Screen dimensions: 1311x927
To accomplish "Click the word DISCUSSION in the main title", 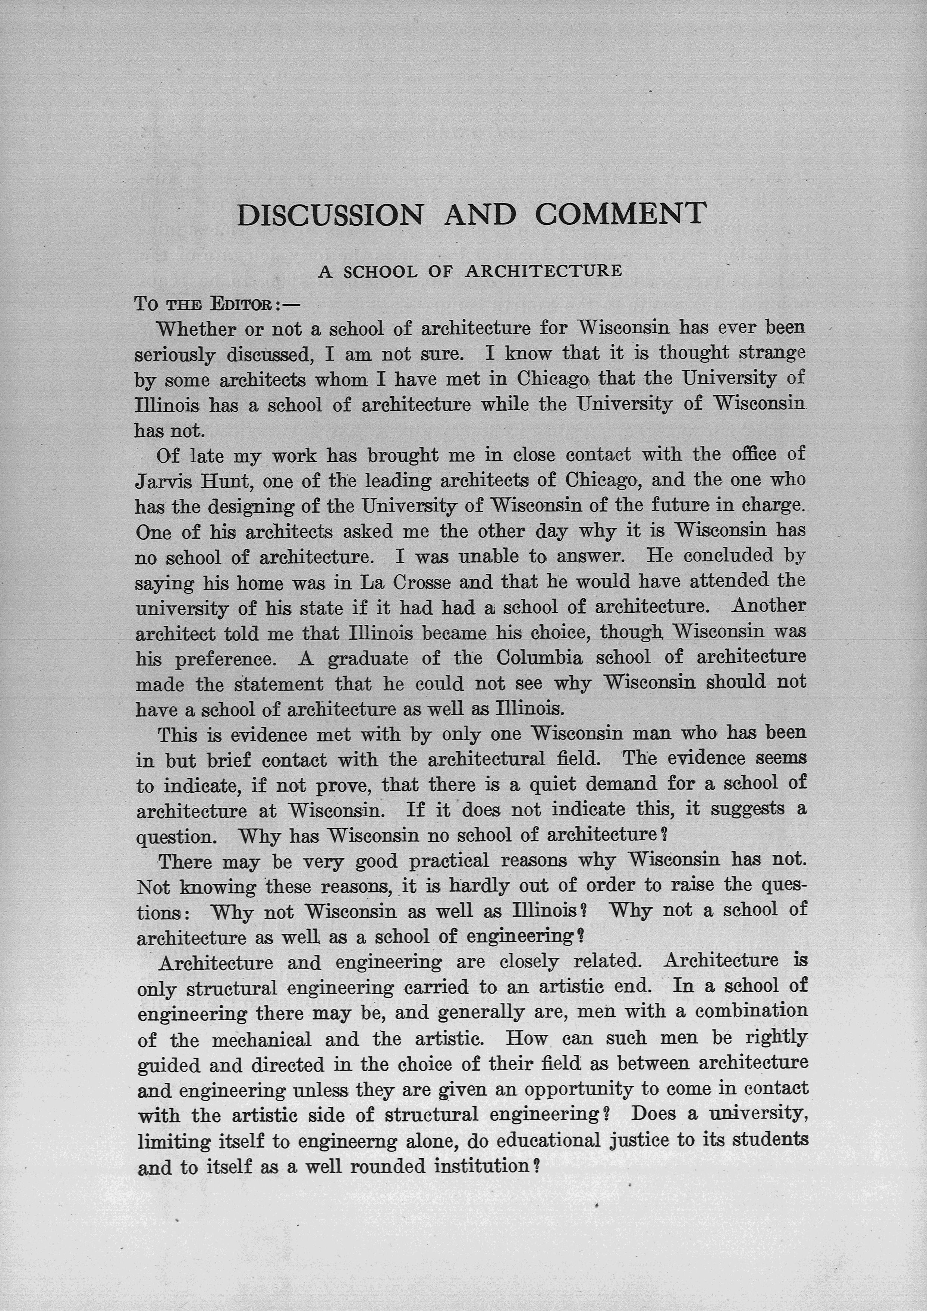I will (330, 215).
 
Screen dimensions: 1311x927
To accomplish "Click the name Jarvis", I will (161, 481).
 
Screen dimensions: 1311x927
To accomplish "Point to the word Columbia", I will (539, 658).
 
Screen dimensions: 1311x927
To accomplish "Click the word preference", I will (225, 659).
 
